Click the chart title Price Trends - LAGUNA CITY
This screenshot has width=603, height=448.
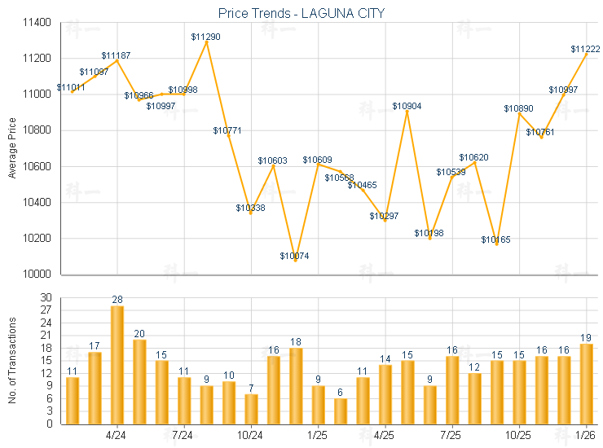(x=301, y=13)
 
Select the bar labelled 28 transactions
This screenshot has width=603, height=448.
(x=117, y=365)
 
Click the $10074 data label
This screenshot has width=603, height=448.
(x=294, y=256)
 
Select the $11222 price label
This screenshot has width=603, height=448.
(x=585, y=50)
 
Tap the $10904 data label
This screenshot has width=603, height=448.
(x=407, y=106)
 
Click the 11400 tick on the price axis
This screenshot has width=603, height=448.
(x=38, y=23)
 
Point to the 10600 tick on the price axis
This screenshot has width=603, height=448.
(x=38, y=167)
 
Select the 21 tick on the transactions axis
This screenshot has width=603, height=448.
(x=45, y=336)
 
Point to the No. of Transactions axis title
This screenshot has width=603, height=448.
(x=11, y=362)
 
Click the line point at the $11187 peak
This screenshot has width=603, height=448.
(x=117, y=60)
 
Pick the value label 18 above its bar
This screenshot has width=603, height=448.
(x=296, y=342)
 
